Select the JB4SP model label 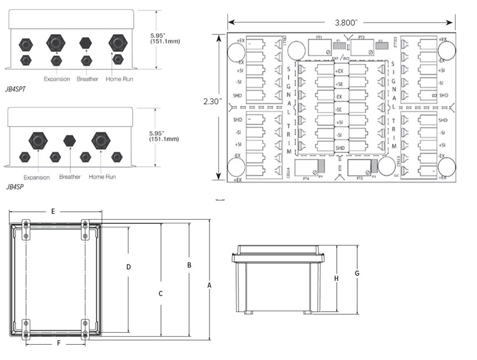click(16, 187)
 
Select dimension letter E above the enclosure click(53, 211)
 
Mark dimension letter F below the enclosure click(58, 344)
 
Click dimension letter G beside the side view click(357, 273)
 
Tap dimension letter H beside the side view click(336, 278)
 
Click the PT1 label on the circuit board click(319, 38)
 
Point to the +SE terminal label click(339, 84)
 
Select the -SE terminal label click(339, 109)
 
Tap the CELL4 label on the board click(289, 172)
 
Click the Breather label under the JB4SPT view click(87, 79)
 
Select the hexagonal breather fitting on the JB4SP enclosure click(69, 140)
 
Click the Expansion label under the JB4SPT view click(56, 79)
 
